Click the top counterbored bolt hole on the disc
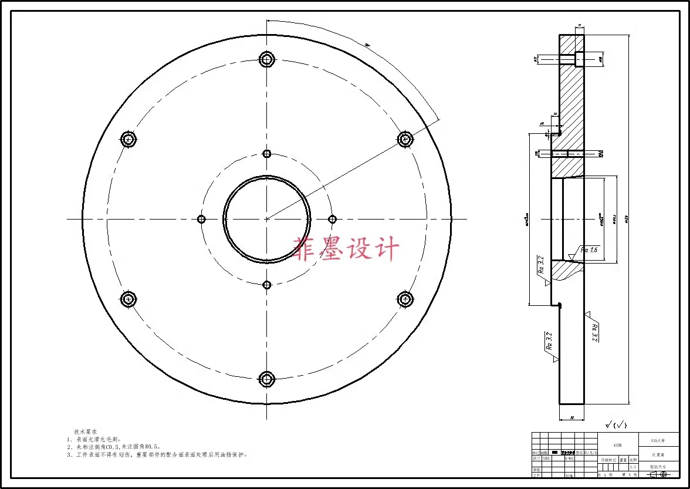click(267, 59)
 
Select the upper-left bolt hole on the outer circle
click(128, 139)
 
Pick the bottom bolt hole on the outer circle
click(267, 379)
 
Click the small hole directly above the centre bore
click(267, 154)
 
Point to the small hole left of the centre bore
click(201, 219)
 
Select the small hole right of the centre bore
click(332, 219)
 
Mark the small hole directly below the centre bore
click(267, 285)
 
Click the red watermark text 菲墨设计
click(346, 249)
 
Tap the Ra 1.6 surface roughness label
click(588, 249)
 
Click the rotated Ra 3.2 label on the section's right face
click(594, 332)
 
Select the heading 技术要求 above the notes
click(86, 431)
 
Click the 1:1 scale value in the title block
click(632, 467)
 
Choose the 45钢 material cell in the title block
click(617, 445)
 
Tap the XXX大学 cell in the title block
click(658, 440)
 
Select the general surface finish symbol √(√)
click(616, 424)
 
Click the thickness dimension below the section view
click(571, 419)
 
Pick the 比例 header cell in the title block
click(632, 460)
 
